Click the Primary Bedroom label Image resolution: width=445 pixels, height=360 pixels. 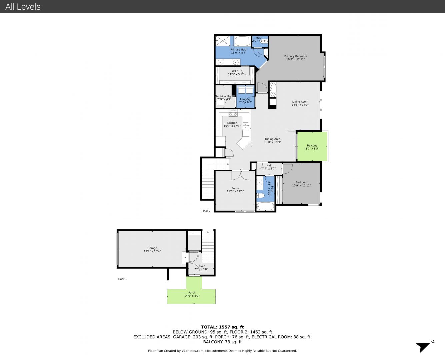[295, 56]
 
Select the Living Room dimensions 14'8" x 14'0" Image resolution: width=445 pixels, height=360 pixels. [300, 105]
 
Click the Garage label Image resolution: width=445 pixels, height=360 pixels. [152, 248]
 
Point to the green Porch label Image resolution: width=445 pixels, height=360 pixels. [192, 293]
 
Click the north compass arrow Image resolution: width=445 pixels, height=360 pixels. [423, 347]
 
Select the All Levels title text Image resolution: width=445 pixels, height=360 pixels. [23, 7]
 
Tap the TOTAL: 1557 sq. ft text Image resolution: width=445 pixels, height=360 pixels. [222, 327]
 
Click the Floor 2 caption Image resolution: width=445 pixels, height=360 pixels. [206, 211]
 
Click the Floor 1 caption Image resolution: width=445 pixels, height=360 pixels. [122, 279]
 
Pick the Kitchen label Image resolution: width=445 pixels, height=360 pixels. [232, 123]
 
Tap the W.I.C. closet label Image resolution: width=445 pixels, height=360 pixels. [235, 71]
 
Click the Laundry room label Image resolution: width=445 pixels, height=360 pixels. [245, 99]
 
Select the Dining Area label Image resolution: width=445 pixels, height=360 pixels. [272, 139]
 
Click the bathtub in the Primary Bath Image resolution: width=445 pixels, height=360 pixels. [243, 41]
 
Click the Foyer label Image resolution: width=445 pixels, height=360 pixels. [201, 266]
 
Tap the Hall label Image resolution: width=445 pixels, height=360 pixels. [269, 165]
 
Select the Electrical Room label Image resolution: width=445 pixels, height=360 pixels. [225, 96]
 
